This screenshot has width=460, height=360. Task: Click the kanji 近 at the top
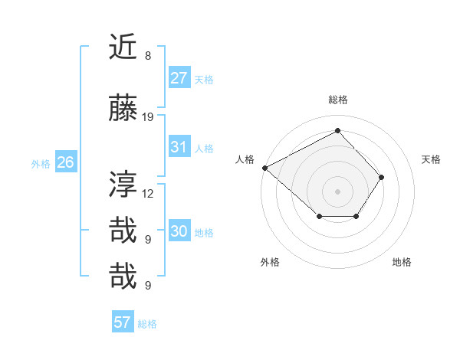(123, 47)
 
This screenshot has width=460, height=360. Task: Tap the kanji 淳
(123, 185)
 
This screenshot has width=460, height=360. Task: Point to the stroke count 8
(148, 56)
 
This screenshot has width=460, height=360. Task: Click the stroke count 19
(149, 117)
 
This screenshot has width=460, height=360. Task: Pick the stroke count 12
(149, 193)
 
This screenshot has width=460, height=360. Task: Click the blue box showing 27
(179, 78)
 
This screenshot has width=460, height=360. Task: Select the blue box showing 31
(179, 147)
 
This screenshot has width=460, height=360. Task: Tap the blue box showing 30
(179, 232)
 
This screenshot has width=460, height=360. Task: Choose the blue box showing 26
(65, 162)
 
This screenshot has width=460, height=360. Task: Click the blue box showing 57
(122, 322)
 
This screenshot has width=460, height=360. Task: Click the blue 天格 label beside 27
(204, 79)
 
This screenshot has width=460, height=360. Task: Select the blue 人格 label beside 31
(204, 148)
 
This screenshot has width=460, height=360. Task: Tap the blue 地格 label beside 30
(204, 233)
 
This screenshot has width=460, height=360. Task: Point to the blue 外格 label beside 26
(41, 163)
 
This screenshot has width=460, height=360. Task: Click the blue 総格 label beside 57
(147, 323)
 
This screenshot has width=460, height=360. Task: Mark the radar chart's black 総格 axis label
(337, 100)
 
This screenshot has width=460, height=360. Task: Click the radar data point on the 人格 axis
(264, 168)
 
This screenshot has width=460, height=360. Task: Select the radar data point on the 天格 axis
(382, 177)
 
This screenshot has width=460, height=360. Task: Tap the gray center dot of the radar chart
(337, 191)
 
